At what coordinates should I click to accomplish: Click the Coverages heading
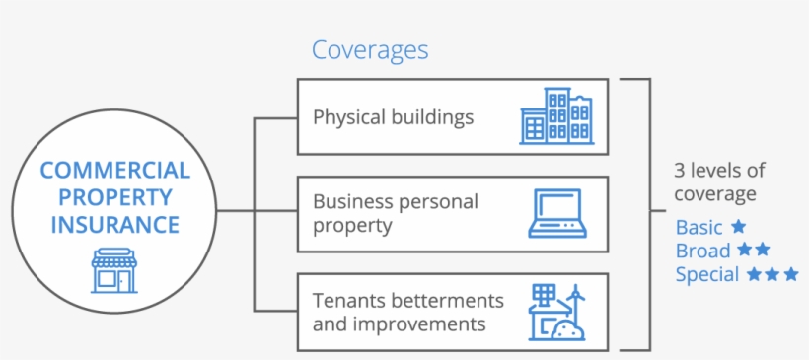(370, 49)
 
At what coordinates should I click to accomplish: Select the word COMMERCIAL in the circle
(115, 171)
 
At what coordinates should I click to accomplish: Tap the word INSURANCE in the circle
(115, 225)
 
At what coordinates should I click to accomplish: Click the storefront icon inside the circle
(114, 270)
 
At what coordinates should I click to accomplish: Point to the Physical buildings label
(393, 117)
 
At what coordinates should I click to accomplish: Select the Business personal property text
(395, 213)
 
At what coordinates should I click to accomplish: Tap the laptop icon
(557, 213)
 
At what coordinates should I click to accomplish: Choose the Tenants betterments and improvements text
(407, 311)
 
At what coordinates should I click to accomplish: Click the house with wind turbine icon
(557, 314)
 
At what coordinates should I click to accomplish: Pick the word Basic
(699, 227)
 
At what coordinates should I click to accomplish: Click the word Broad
(702, 251)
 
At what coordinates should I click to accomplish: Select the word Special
(707, 274)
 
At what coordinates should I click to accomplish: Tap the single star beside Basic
(738, 226)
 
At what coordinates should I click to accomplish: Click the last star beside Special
(790, 274)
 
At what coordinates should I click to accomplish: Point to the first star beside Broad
(744, 251)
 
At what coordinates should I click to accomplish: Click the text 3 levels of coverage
(719, 181)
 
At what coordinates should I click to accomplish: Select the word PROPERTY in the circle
(115, 197)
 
